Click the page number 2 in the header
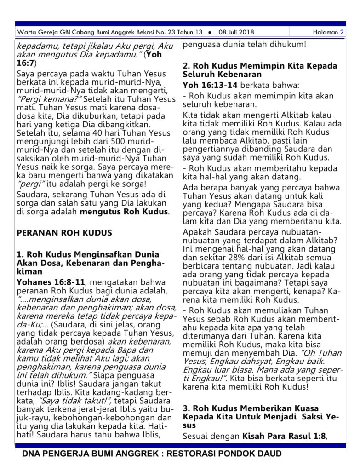tap(342, 32)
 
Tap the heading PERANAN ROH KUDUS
tap(64, 233)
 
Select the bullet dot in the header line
tap(209, 33)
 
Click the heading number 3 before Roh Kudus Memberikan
tap(186, 408)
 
